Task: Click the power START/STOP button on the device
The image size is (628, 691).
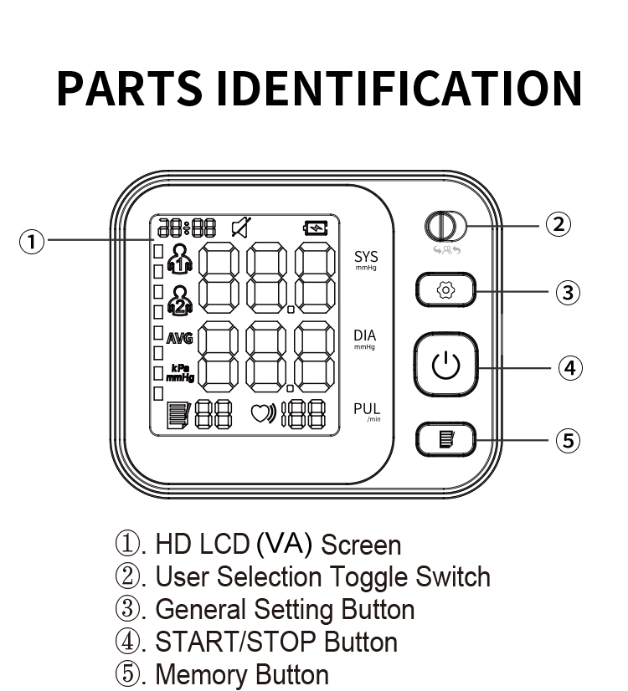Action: pos(445,366)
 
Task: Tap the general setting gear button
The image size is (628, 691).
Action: pos(445,291)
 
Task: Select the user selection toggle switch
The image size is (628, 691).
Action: pos(440,227)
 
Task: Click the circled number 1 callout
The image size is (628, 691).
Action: pos(31,242)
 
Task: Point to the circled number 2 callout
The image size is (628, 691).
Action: pos(559,224)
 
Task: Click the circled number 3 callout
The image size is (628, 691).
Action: pos(569,292)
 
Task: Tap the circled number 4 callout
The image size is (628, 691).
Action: pos(570,367)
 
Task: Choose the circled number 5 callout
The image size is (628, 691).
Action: pos(569,440)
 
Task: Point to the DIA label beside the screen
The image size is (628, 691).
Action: pos(365,336)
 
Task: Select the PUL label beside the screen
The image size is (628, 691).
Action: pos(366,409)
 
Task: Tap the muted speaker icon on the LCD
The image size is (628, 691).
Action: pos(240,227)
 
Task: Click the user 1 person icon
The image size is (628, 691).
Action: pos(180,259)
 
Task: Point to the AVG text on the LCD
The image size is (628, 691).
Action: pos(179,339)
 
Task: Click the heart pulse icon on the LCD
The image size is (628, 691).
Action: pos(263,413)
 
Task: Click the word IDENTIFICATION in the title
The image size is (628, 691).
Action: pos(405,87)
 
